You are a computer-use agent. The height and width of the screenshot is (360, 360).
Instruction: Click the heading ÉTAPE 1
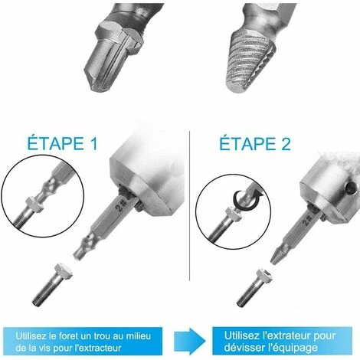click(63, 143)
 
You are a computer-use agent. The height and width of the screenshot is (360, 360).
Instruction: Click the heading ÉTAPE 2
click(255, 144)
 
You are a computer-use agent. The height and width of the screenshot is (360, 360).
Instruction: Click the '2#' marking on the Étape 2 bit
click(307, 220)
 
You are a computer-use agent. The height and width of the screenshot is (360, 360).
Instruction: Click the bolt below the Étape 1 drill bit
click(52, 284)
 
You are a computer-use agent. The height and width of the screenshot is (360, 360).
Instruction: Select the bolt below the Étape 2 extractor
click(254, 287)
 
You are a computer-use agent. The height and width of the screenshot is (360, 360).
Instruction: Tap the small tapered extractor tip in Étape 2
click(278, 255)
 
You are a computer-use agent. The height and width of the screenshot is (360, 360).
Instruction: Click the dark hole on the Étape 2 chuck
click(350, 188)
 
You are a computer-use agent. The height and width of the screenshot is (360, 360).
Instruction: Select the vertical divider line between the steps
click(189, 205)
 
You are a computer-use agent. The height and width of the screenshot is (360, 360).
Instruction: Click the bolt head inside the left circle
click(34, 205)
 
